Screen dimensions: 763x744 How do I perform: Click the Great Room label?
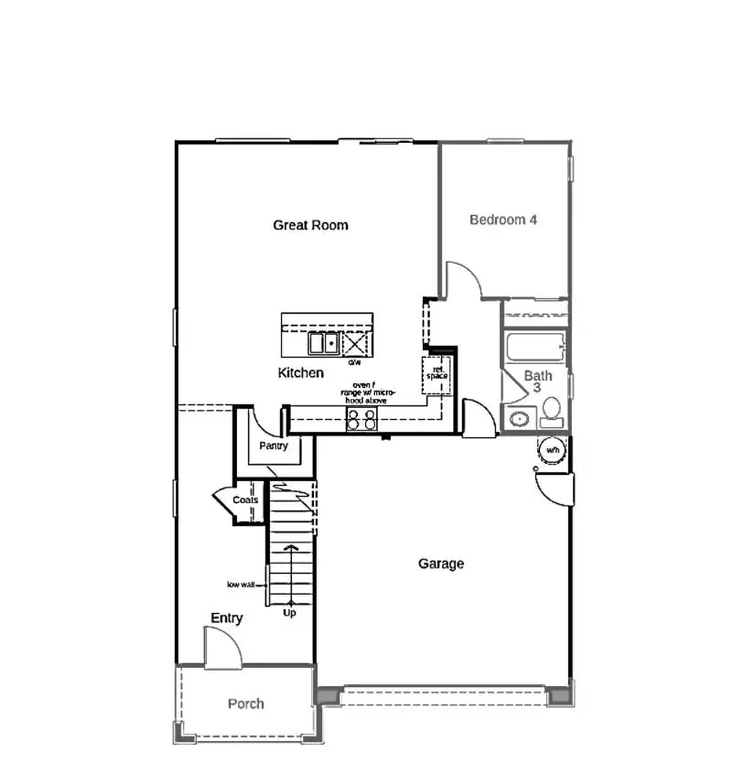(310, 225)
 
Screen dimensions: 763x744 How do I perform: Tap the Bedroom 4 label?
(502, 220)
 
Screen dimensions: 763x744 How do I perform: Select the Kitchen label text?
(300, 373)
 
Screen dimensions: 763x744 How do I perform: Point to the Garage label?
(441, 564)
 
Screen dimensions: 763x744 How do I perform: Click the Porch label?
(246, 704)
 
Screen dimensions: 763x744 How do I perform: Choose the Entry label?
(227, 618)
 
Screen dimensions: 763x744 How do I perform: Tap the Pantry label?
(273, 446)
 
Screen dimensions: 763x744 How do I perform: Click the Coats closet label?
(245, 500)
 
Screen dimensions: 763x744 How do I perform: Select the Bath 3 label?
(538, 381)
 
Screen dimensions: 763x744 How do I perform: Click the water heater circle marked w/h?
(553, 451)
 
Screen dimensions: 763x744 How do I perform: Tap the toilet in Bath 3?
(552, 418)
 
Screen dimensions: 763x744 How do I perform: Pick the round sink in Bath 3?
(518, 420)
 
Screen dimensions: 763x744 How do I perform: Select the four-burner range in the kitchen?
(361, 419)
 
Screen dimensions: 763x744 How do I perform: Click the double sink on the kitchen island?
(321, 344)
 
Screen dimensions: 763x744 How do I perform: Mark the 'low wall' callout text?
(242, 585)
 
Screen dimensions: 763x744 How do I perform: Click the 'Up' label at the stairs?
(289, 613)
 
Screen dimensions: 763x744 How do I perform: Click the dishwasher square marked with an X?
(354, 345)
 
